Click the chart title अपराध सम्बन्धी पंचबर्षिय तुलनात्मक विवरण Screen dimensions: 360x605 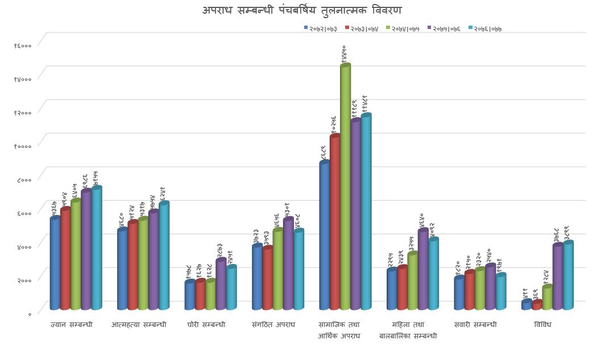point(302,10)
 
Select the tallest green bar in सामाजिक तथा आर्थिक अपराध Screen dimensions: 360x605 point(345,188)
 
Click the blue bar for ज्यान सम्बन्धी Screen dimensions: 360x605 point(55,264)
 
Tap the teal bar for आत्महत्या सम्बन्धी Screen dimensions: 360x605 point(164,256)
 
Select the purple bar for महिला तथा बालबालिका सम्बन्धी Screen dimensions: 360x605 point(422,270)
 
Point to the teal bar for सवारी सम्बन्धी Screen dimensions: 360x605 point(500,292)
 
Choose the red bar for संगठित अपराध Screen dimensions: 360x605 point(267,279)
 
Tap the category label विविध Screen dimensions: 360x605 point(543,325)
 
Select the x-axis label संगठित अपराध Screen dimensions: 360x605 point(274,325)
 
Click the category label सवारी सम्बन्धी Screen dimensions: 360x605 point(476,325)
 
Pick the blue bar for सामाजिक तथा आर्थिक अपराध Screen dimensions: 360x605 point(325,236)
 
